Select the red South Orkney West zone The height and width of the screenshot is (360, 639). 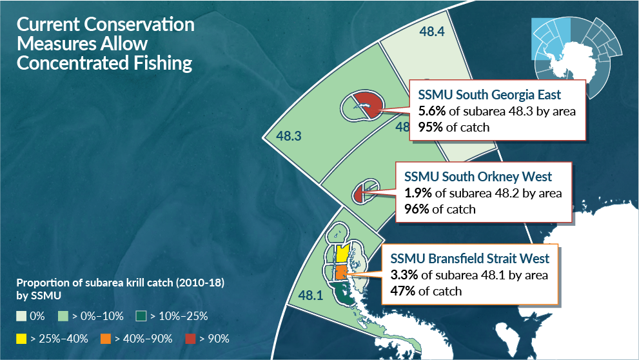tap(360, 193)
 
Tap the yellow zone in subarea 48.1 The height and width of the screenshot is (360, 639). tap(342, 254)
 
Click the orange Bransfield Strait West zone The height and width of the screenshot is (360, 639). tap(340, 274)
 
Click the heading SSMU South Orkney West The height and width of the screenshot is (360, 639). tap(478, 176)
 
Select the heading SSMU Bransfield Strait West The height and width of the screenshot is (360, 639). tap(470, 259)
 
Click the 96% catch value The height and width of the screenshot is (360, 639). tap(417, 209)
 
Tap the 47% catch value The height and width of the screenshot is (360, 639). tap(404, 291)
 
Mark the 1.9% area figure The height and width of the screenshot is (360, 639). tap(417, 193)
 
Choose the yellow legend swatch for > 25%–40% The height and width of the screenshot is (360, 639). tap(22, 338)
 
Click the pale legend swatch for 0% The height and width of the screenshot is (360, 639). tap(22, 316)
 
